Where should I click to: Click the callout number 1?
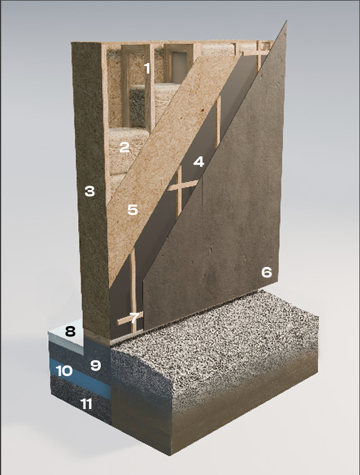[x=147, y=68]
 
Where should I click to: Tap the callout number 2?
[x=124, y=147]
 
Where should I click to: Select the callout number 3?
[x=90, y=191]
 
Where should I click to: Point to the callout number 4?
[x=199, y=162]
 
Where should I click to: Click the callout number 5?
[x=133, y=210]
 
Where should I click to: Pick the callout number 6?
[x=266, y=272]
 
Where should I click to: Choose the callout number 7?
[x=134, y=318]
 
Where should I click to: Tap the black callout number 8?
[x=70, y=332]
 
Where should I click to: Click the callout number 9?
[x=95, y=366]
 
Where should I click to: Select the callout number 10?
[x=64, y=371]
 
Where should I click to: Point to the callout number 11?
[x=86, y=404]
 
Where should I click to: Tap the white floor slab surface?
[x=65, y=335]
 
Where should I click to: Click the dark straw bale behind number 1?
[x=138, y=106]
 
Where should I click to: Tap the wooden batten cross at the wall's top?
[x=259, y=54]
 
